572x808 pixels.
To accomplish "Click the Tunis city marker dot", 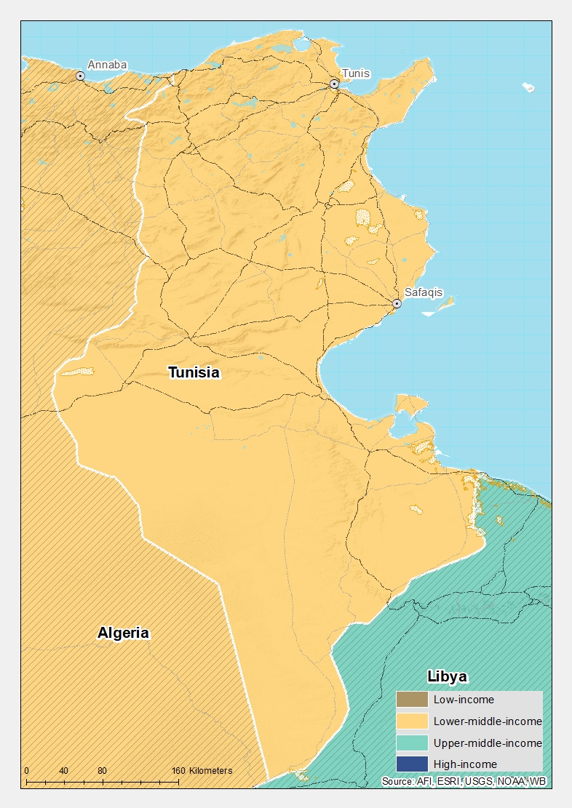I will click(x=334, y=84).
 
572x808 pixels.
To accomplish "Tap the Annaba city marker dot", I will click(x=80, y=76).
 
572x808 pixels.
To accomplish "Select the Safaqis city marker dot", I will click(x=397, y=303).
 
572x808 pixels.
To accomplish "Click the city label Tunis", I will click(x=356, y=73).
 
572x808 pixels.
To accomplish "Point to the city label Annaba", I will click(x=107, y=65).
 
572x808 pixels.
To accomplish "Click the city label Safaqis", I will click(x=423, y=292).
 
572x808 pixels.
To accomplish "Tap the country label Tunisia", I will click(x=194, y=373).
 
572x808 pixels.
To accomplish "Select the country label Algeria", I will click(x=123, y=633).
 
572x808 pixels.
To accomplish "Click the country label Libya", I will click(x=447, y=676).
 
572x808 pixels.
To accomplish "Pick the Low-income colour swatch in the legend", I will click(x=412, y=700).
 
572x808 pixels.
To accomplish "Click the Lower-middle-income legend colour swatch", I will click(x=412, y=721).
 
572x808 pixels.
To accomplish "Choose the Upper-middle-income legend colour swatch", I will click(x=412, y=743).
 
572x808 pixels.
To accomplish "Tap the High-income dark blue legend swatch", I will click(x=412, y=764).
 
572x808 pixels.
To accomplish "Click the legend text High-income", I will click(x=465, y=764).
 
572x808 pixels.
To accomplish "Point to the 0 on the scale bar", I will click(x=27, y=771).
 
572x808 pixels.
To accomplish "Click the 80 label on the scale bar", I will click(x=102, y=771).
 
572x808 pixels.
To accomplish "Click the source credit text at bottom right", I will click(x=464, y=782).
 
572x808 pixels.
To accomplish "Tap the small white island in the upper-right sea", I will click(x=528, y=87).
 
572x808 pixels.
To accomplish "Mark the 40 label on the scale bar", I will click(x=64, y=771).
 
